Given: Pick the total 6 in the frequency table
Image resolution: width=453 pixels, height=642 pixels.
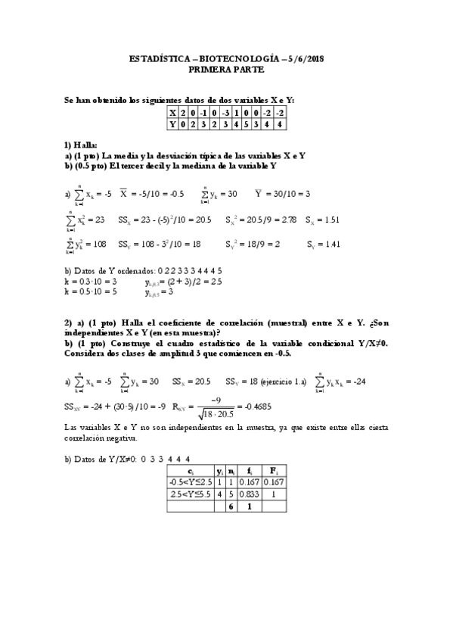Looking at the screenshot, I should tap(231, 507).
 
